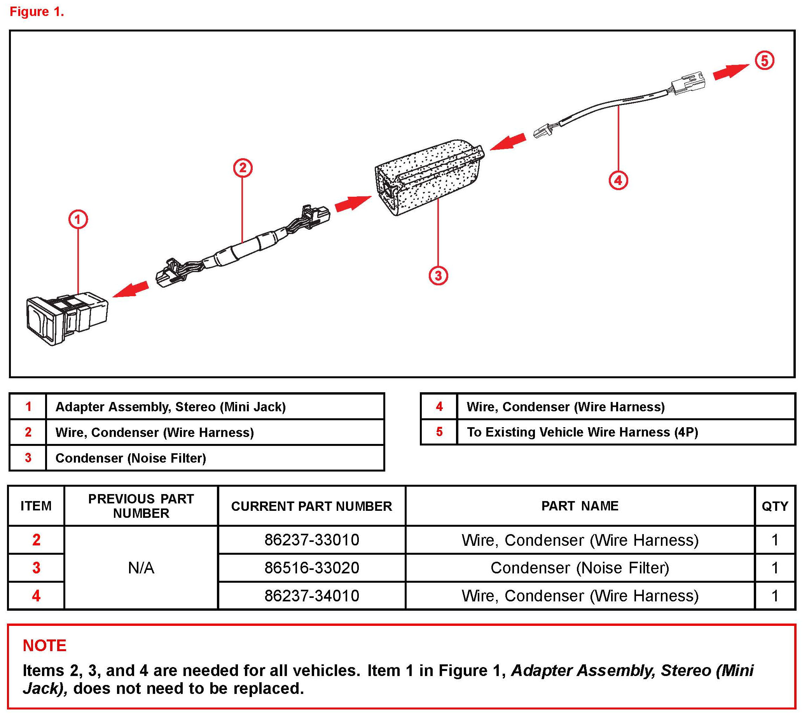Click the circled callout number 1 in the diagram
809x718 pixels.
click(x=78, y=219)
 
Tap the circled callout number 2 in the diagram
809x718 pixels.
click(x=242, y=168)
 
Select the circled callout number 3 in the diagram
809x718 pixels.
click(x=438, y=276)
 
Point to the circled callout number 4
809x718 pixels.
click(x=618, y=180)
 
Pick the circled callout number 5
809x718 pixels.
click(x=764, y=61)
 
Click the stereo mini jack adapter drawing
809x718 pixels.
click(x=66, y=319)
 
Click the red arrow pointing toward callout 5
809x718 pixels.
click(x=730, y=71)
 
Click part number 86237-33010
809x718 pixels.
click(x=311, y=540)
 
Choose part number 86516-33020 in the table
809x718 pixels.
click(x=311, y=568)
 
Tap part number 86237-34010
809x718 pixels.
click(x=311, y=596)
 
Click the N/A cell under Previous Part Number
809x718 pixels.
click(x=141, y=568)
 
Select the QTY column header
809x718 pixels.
click(x=774, y=506)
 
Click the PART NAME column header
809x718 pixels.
click(x=580, y=506)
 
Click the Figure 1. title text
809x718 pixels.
click(x=37, y=12)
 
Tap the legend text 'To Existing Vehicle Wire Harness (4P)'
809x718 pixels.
click(x=582, y=432)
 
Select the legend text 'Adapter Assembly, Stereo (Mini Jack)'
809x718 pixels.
click(x=170, y=407)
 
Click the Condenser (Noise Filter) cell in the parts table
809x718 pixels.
click(x=580, y=568)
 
